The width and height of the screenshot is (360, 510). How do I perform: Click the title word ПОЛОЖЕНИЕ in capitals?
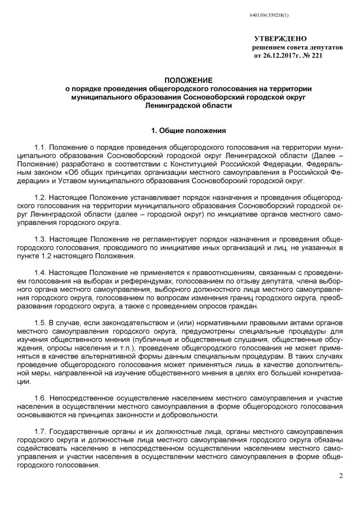[x=180, y=81]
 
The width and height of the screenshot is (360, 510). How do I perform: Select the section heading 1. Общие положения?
[x=180, y=130]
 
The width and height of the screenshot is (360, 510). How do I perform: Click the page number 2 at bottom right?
[x=340, y=476]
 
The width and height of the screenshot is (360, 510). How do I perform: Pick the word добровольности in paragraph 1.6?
[x=192, y=415]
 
